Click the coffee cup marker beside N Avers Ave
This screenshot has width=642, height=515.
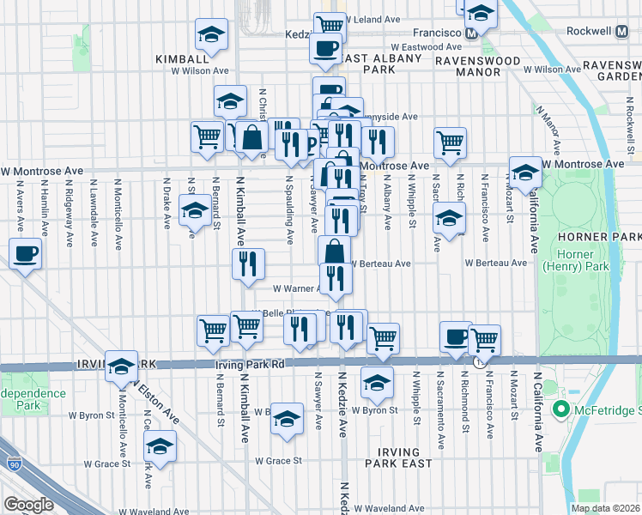(25, 253)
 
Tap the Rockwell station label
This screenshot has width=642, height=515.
(612, 31)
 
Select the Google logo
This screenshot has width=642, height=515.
(28, 505)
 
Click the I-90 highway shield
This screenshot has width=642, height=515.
(15, 463)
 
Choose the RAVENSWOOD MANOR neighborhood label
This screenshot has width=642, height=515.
(467, 67)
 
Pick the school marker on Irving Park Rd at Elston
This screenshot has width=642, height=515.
(122, 367)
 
